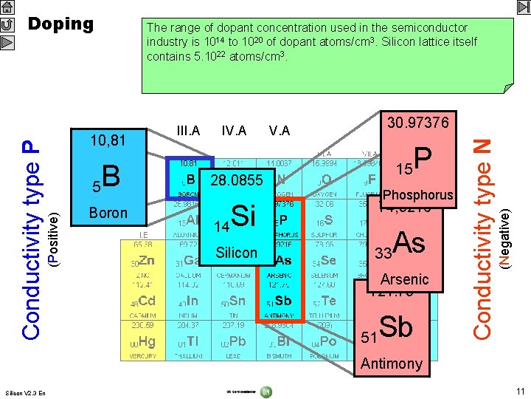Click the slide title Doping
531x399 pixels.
click(60, 24)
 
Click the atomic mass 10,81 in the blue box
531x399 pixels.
click(107, 140)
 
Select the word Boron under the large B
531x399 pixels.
click(108, 213)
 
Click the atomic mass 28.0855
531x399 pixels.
click(236, 181)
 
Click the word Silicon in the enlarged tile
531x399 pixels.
click(236, 253)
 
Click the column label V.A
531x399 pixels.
click(279, 131)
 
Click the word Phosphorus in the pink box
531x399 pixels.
click(417, 195)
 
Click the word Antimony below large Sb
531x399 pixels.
click(392, 363)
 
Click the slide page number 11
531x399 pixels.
click(520, 391)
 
